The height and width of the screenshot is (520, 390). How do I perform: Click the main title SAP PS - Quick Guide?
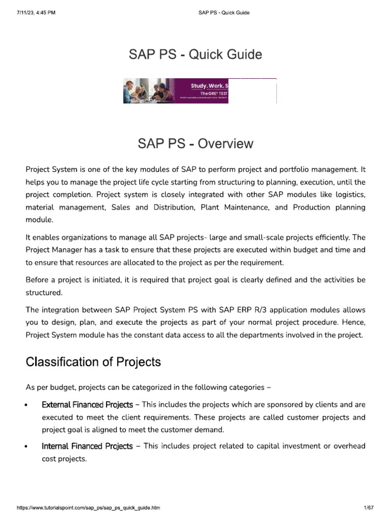tap(195, 54)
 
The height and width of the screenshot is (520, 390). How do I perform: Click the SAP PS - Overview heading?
tap(195, 144)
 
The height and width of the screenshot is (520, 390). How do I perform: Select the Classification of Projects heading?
tap(93, 362)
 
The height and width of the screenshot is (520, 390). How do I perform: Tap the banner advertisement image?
tap(176, 91)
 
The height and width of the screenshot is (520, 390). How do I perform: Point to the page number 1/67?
tap(368, 507)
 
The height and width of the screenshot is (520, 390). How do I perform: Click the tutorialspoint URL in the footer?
tap(89, 507)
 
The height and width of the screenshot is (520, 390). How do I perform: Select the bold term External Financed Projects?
tap(87, 405)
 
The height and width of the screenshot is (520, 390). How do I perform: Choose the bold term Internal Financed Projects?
tap(87, 446)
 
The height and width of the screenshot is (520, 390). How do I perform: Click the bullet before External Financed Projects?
tap(26, 406)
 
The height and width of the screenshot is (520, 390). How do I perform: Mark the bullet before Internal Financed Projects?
tap(26, 447)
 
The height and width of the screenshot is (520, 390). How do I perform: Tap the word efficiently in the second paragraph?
tap(332, 237)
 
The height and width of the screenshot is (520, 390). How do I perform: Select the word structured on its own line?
tap(44, 292)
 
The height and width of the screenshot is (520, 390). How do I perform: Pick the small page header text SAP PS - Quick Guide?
tap(223, 13)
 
